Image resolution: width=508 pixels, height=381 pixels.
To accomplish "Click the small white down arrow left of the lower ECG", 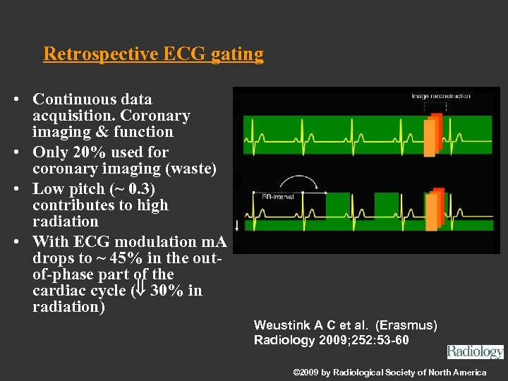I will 236,225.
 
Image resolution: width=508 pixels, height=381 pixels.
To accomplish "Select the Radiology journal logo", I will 475,351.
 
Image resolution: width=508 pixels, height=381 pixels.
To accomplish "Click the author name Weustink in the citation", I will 283,325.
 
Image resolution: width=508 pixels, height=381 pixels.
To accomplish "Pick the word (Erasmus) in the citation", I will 406,325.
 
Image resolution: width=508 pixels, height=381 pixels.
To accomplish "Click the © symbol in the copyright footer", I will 296,373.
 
